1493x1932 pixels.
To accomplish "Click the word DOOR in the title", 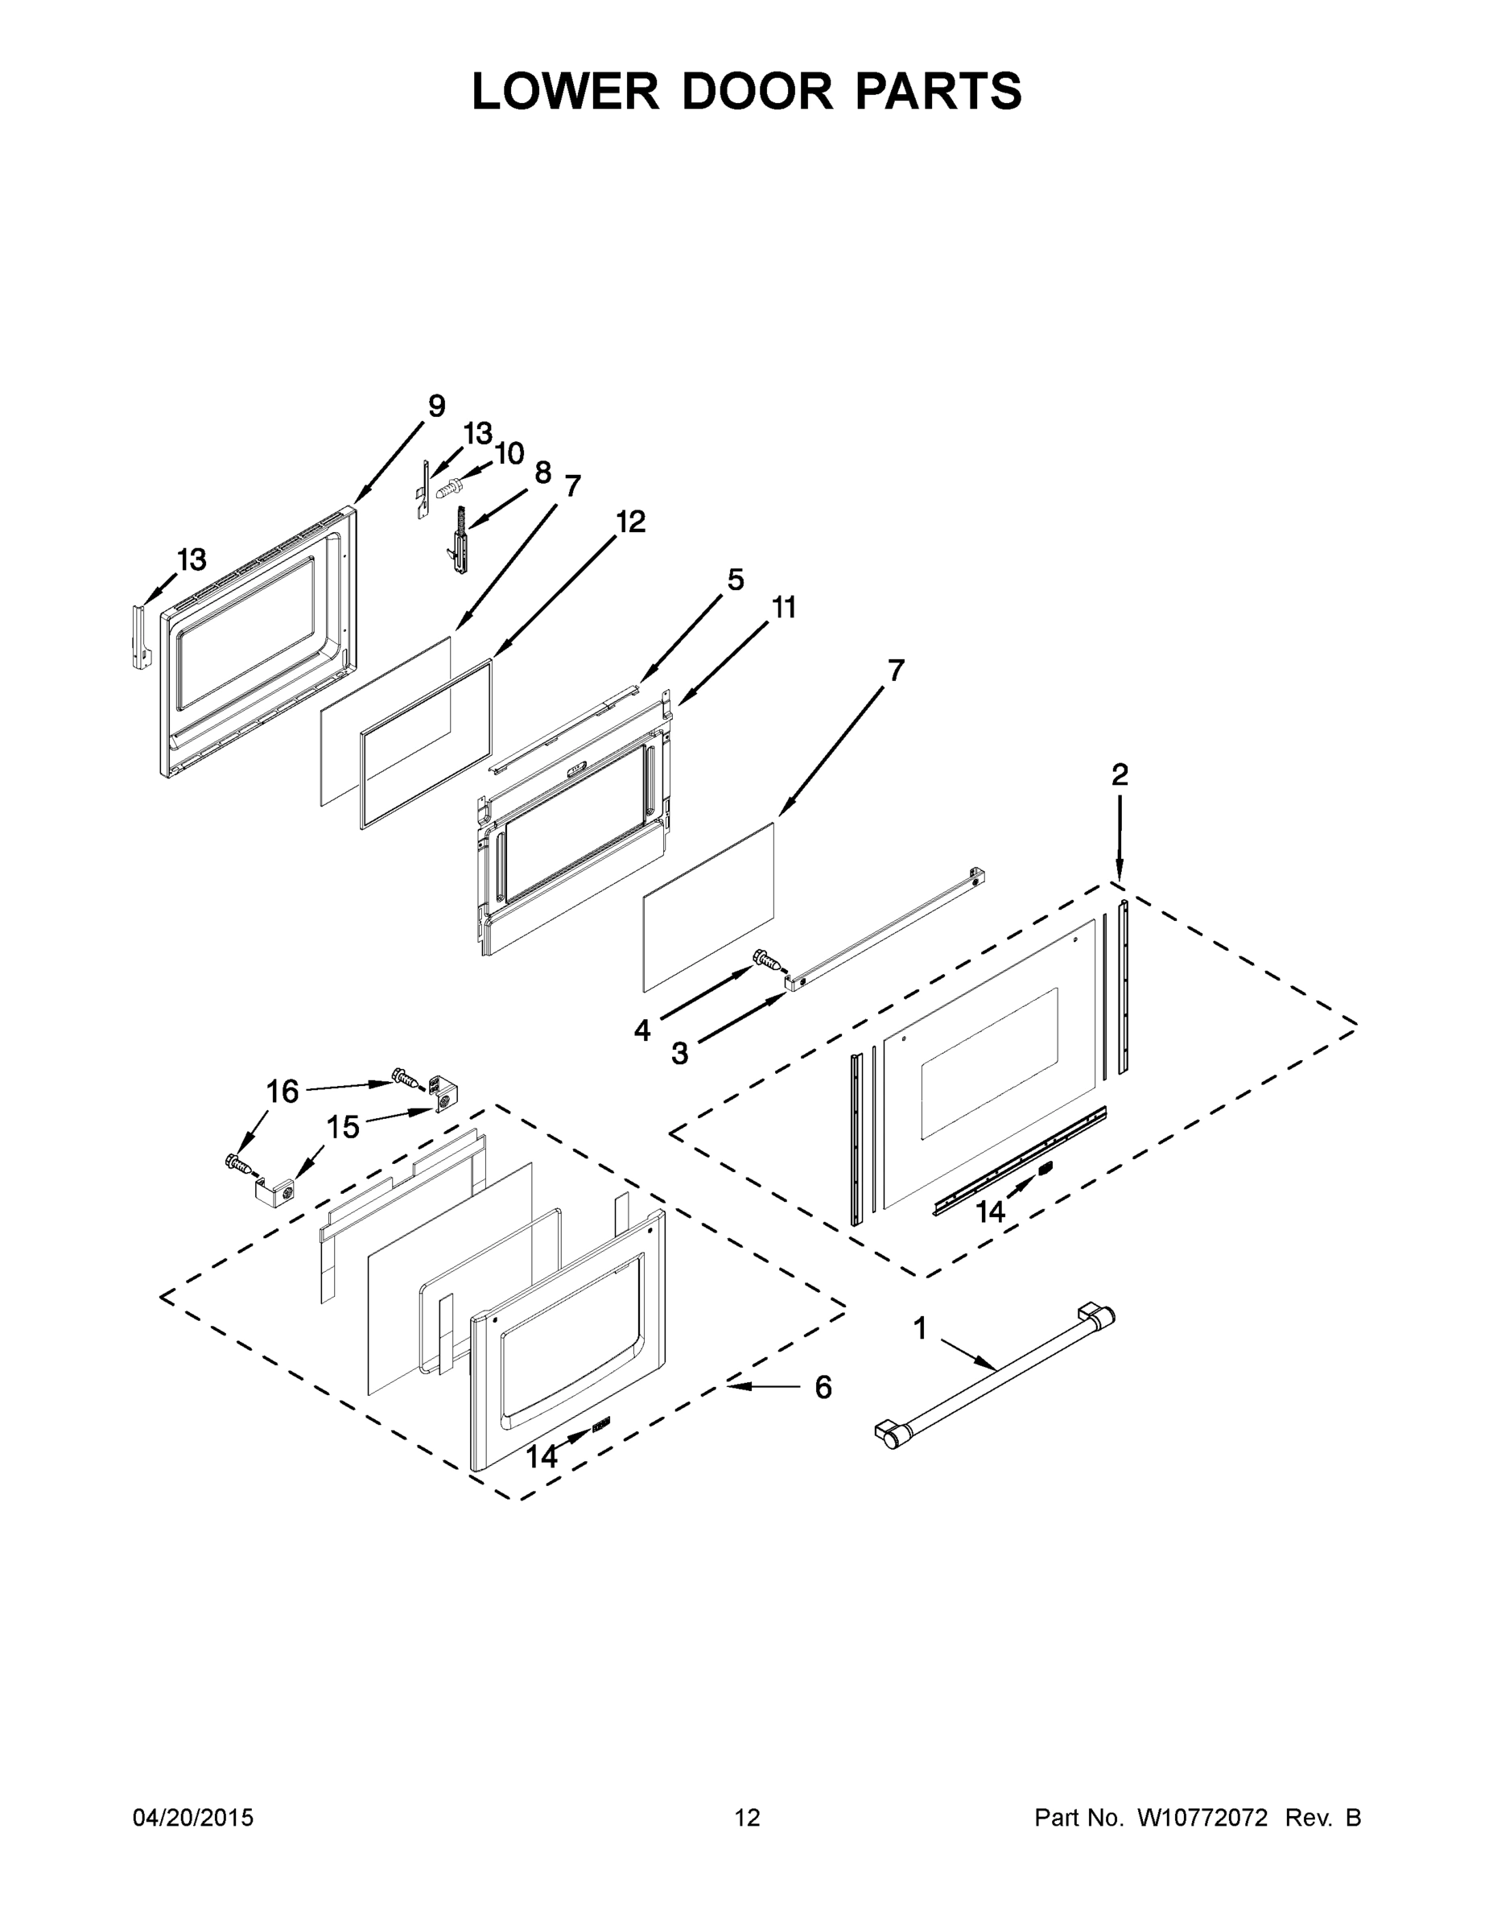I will [x=757, y=91].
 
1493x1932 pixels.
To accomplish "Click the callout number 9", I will [x=436, y=406].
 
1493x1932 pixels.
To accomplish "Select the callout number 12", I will [x=631, y=522].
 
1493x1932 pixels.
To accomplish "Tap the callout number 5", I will [x=735, y=580].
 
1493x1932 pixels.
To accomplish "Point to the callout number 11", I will [x=784, y=608].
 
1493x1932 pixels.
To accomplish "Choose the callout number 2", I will [x=1120, y=775].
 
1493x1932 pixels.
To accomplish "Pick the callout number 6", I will [x=823, y=1388].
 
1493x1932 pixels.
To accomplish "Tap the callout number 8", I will [x=543, y=473].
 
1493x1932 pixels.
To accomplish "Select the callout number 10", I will [x=509, y=454].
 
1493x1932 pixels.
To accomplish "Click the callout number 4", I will [x=642, y=1030].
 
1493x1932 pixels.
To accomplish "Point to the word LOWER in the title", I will [x=565, y=91].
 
